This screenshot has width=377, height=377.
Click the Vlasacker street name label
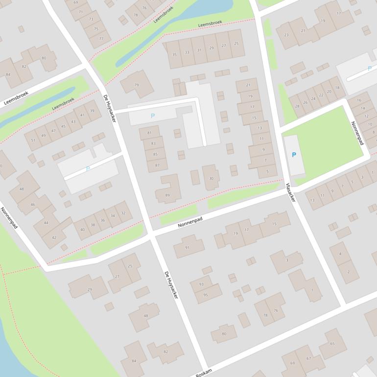click(x=290, y=192)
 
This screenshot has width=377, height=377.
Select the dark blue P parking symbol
click(x=294, y=155)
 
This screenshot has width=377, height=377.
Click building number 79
click(x=137, y=85)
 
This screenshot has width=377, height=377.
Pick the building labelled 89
click(x=167, y=195)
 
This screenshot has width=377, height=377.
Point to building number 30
click(x=212, y=178)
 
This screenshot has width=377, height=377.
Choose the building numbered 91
click(x=187, y=247)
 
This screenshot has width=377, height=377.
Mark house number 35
click(x=174, y=54)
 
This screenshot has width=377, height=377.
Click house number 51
click(x=33, y=140)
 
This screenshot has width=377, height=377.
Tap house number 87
click(x=157, y=165)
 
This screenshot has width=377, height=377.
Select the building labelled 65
click(x=332, y=344)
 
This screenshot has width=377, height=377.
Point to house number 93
click(x=201, y=284)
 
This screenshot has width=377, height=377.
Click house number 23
click(x=286, y=35)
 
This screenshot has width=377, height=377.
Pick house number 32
click(x=123, y=213)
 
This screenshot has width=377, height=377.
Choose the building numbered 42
click(x=54, y=237)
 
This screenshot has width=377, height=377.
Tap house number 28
click(x=297, y=107)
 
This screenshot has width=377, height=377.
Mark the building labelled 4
click(x=340, y=253)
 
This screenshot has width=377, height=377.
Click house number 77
click(x=101, y=39)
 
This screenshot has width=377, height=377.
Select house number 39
click(x=92, y=111)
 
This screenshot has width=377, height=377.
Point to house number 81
click(x=149, y=133)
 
